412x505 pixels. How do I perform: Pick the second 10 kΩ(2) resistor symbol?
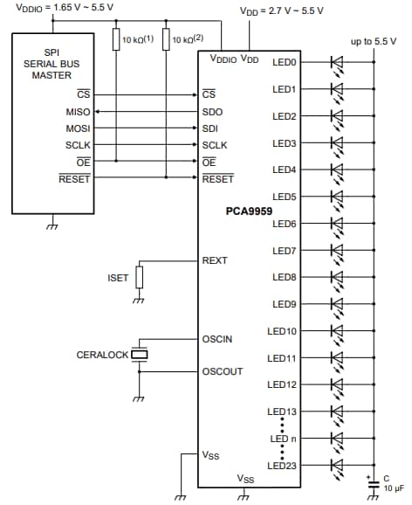(x=166, y=39)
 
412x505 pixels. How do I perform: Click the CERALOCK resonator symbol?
(x=138, y=354)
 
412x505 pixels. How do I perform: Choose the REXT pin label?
(x=215, y=260)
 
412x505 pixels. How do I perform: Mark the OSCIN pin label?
(x=216, y=338)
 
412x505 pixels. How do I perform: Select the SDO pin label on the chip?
(x=213, y=111)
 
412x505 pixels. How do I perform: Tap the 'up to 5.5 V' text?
(x=373, y=41)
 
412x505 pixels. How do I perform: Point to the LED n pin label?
(x=284, y=439)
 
